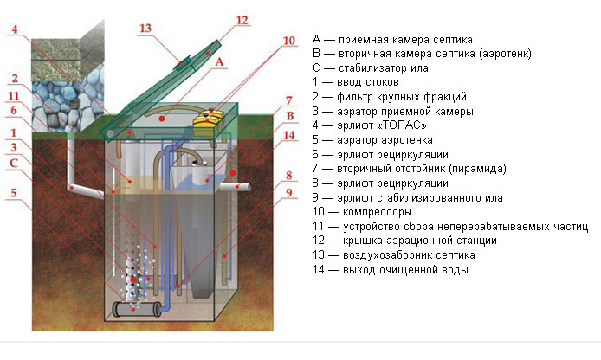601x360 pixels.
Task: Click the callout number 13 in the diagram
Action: point(145,29)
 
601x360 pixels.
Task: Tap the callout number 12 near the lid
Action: point(242,19)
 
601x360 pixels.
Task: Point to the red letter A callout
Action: point(220,62)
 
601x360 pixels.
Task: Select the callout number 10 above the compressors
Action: point(288,41)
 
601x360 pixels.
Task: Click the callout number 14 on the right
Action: point(288,136)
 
